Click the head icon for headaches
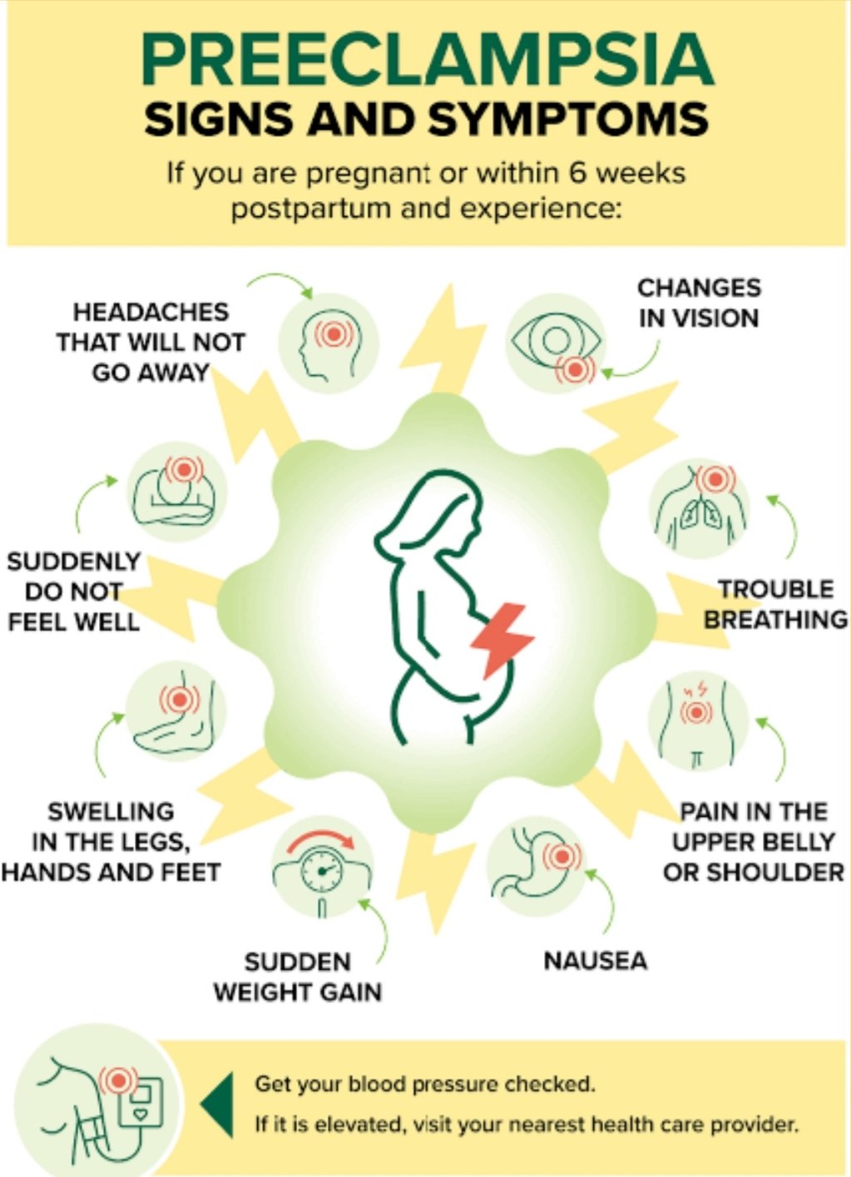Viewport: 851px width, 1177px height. tap(329, 344)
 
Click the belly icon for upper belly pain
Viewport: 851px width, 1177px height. tap(697, 724)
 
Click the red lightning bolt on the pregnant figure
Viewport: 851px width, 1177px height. tap(502, 640)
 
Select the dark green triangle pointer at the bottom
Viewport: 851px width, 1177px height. tap(216, 1105)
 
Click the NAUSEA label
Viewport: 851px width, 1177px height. tap(596, 961)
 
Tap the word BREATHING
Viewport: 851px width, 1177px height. tap(776, 620)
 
